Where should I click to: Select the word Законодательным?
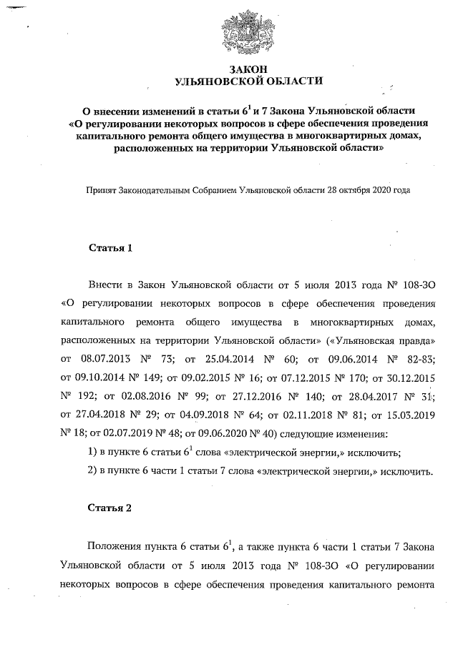pos(153,191)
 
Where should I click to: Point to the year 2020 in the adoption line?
pos(379,191)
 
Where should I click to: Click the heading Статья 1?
pos(110,248)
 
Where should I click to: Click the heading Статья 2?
pos(110,508)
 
